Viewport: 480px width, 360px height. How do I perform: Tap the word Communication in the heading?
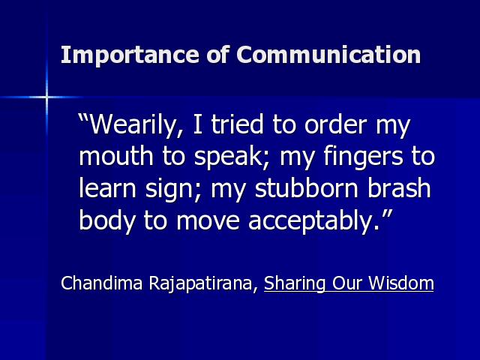(x=328, y=55)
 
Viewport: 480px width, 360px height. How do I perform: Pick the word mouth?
(x=116, y=156)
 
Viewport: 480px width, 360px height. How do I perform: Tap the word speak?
(x=229, y=157)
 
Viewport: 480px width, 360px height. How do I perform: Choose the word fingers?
(x=363, y=157)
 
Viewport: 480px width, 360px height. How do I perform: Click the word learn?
(x=107, y=188)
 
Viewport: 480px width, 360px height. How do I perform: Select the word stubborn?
(x=307, y=188)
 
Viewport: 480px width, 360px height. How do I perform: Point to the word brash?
(x=399, y=188)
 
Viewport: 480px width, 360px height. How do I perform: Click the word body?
(x=106, y=222)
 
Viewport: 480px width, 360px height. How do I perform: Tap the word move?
(x=208, y=221)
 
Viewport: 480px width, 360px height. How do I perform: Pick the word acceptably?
(x=313, y=222)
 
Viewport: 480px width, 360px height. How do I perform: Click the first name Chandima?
(x=102, y=283)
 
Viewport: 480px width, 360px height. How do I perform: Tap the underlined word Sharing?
(x=295, y=284)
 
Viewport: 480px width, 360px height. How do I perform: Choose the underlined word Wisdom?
(x=401, y=283)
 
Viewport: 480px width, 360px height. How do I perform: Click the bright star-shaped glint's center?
(x=46, y=97)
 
